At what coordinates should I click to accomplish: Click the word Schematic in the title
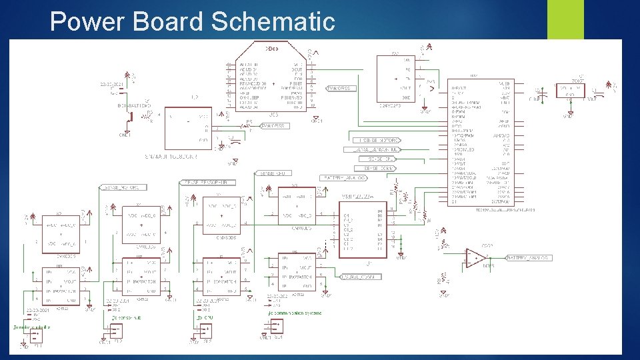pos(273,21)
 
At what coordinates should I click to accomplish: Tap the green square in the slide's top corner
pos(565,19)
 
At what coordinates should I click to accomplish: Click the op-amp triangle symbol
pos(474,257)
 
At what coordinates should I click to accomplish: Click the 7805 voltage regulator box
pos(571,91)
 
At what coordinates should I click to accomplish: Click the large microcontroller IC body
pos(481,143)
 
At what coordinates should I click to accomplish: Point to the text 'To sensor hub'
pos(124,318)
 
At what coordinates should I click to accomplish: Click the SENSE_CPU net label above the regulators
pos(273,173)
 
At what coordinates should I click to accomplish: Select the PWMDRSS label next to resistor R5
pos(275,125)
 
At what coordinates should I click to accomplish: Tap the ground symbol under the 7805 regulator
pos(567,115)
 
